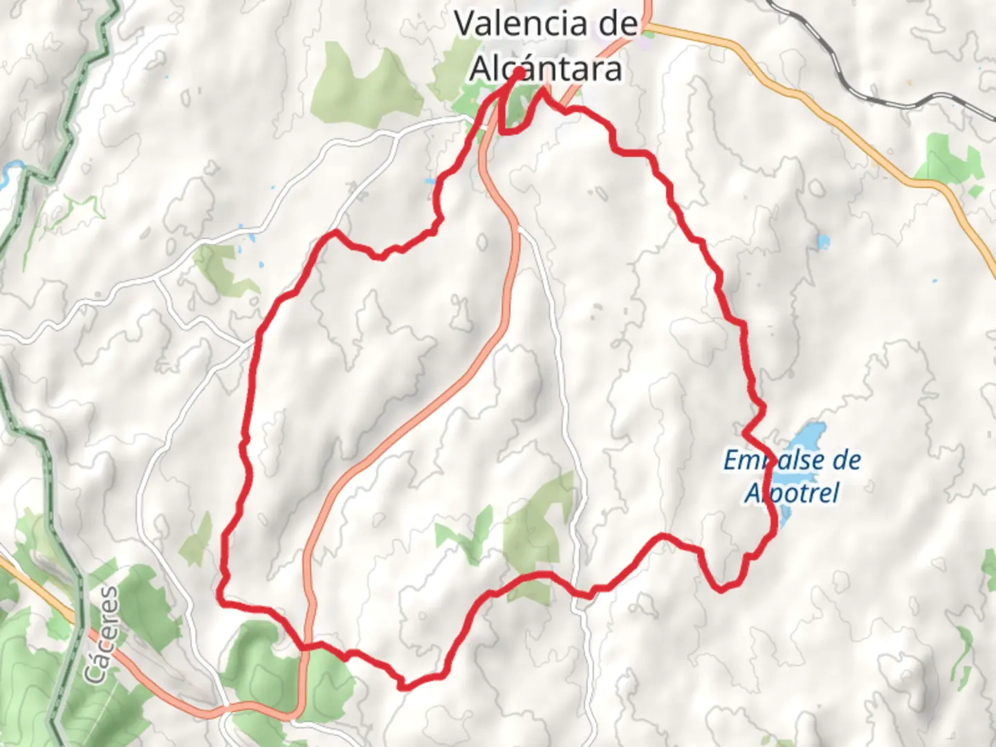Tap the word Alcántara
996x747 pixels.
tap(546, 69)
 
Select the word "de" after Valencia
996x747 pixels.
tap(615, 24)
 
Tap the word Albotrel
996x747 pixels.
tap(792, 492)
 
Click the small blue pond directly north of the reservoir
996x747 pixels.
tap(823, 243)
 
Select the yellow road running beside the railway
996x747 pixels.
tap(830, 118)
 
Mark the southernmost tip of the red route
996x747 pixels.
tap(405, 686)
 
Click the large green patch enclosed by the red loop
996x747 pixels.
tap(539, 526)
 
